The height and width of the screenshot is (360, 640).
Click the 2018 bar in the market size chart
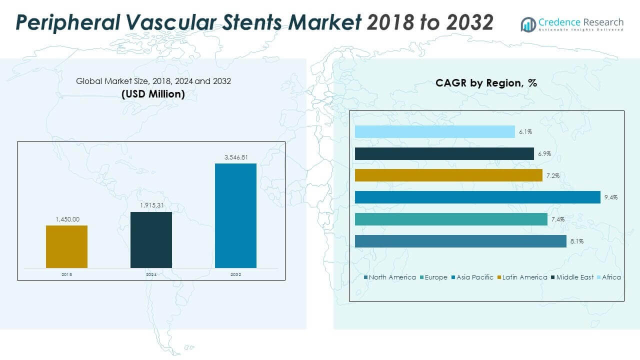tap(66, 246)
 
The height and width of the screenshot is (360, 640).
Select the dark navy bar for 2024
tap(151, 240)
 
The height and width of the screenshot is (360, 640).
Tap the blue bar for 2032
tap(235, 215)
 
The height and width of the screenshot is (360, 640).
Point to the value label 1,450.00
tap(66, 219)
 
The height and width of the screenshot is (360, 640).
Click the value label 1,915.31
tap(151, 205)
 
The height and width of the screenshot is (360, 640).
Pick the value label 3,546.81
tap(235, 157)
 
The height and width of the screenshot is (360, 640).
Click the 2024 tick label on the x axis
tap(151, 274)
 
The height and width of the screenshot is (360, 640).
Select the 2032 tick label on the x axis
tap(235, 274)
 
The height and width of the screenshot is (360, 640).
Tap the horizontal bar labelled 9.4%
tap(477, 197)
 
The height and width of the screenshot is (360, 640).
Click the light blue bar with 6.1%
tap(434, 131)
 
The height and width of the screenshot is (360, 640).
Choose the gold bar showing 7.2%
tap(448, 175)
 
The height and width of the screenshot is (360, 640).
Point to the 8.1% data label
tap(576, 241)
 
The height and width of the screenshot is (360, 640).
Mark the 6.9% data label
tap(544, 153)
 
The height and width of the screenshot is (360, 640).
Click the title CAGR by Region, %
tap(486, 83)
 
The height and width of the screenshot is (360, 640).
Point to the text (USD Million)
tap(153, 93)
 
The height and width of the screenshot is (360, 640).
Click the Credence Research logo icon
tap(528, 24)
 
